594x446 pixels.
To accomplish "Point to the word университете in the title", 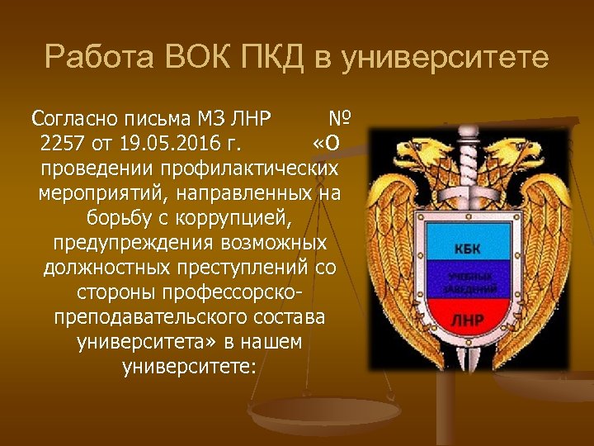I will [445, 59].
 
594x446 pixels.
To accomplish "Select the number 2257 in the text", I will [62, 143].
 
